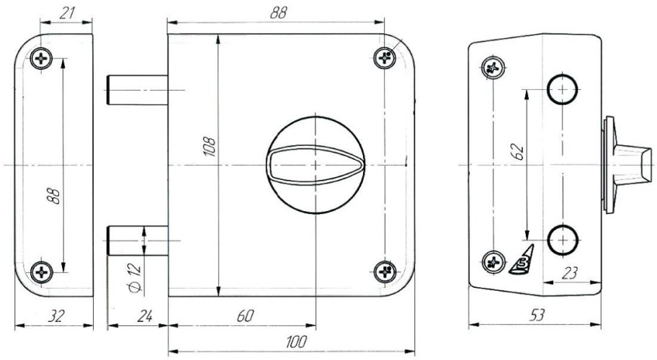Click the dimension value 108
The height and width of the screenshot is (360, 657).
point(209,146)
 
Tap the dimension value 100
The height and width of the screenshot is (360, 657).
point(297,342)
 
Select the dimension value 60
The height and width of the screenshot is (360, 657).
point(246,315)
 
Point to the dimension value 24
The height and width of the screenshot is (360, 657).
point(145,315)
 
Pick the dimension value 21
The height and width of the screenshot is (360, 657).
point(66,13)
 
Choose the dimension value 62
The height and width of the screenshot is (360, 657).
point(518,151)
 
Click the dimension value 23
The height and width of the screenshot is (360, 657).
point(569,273)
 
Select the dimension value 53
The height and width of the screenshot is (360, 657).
point(537,315)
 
